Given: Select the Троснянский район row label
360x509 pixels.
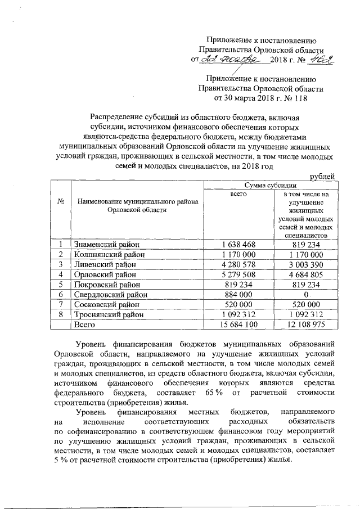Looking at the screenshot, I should coord(109,315).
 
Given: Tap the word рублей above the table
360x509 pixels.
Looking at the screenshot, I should coord(323,176).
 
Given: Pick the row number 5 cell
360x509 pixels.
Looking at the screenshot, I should coord(60,285).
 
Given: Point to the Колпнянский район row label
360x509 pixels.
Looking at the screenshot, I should coord(109,254).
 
